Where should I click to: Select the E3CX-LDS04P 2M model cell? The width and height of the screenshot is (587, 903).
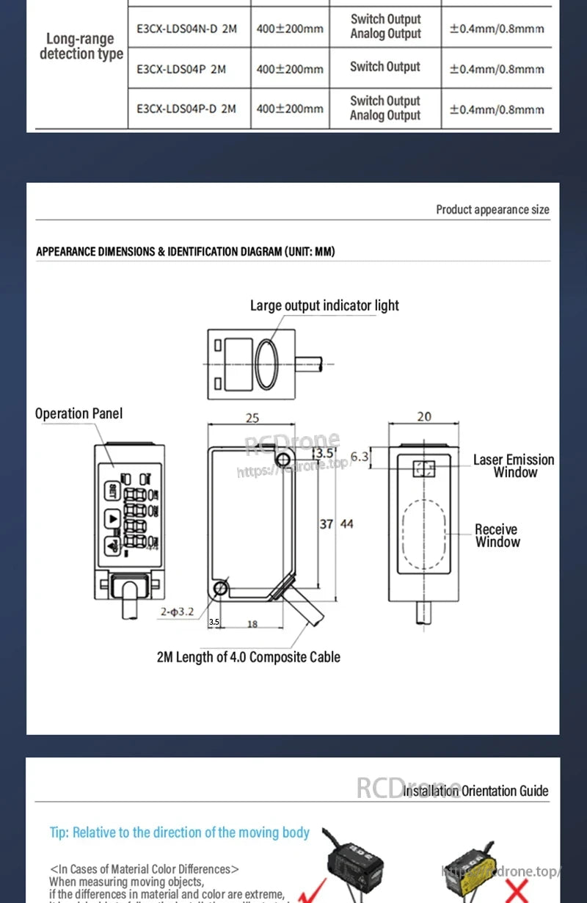181,69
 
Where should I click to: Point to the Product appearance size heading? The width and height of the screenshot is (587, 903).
492,210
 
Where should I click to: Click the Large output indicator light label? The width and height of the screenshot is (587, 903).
324,305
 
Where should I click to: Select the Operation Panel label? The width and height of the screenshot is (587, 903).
79,414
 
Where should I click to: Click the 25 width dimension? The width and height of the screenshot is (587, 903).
252,418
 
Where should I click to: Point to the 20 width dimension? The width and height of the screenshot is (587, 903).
424,417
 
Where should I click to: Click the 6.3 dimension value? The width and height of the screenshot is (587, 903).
360,457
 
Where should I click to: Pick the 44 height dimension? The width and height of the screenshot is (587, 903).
347,524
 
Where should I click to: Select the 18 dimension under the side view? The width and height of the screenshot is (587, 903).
252,624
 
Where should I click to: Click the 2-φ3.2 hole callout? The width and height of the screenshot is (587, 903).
178,612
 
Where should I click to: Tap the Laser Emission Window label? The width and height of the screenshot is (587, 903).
514,466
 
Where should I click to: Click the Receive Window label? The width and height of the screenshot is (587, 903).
497,536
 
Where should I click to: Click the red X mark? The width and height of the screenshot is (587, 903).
518,891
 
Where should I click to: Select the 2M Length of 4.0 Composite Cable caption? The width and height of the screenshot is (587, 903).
249,657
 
